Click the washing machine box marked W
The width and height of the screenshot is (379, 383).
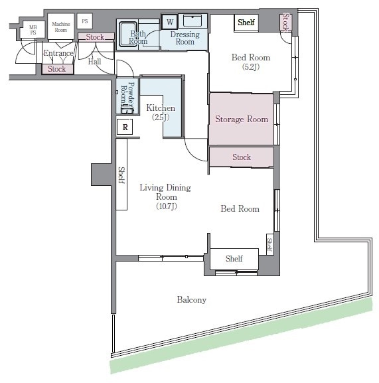click(170, 22)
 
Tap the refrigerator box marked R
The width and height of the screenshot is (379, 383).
click(125, 127)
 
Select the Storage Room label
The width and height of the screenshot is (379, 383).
click(242, 119)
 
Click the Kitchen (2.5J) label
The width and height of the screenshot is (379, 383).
click(161, 112)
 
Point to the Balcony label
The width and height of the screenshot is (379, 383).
click(192, 299)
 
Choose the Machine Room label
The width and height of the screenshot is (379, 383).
click(61, 27)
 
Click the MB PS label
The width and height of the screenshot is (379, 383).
click(33, 30)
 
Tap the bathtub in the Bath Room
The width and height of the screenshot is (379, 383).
click(127, 35)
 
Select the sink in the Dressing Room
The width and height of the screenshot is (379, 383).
click(192, 21)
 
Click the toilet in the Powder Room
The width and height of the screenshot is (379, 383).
click(127, 109)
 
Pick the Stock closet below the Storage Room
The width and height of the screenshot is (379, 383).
click(241, 157)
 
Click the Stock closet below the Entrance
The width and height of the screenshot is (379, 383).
click(58, 69)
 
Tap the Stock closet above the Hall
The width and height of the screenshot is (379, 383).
click(96, 37)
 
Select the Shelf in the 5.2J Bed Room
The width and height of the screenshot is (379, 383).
click(246, 23)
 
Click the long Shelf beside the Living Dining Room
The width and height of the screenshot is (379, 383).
click(121, 174)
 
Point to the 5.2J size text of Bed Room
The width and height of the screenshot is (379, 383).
click(251, 66)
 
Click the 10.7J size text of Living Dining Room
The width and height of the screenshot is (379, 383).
click(167, 206)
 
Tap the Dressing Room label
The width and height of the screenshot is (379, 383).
click(185, 38)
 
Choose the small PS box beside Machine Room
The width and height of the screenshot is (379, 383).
click(84, 21)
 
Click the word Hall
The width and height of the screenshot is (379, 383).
click(94, 61)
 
